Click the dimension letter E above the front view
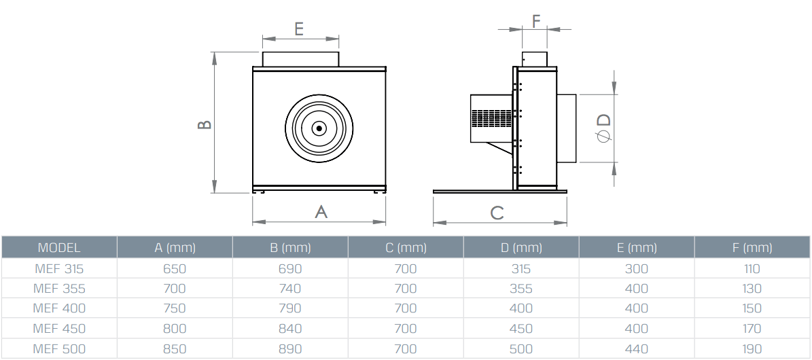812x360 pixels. (299, 29)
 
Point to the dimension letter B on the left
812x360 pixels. (204, 125)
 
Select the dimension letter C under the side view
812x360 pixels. (497, 213)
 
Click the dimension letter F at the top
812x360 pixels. (536, 20)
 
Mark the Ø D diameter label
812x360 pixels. (603, 128)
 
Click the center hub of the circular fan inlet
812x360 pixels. (319, 128)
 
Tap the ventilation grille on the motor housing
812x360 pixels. (491, 120)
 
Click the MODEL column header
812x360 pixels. (59, 247)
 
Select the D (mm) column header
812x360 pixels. (520, 247)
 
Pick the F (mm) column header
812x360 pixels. (752, 247)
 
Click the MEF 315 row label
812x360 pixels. (59, 268)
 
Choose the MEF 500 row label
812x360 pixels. (59, 349)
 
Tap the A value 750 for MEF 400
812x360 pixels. (175, 308)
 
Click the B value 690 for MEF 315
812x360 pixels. (290, 268)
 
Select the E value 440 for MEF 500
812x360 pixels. (637, 349)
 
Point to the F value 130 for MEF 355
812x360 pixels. (752, 289)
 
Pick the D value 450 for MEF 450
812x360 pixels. (521, 329)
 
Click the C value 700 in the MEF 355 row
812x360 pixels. (406, 289)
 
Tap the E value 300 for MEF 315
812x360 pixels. (637, 268)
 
